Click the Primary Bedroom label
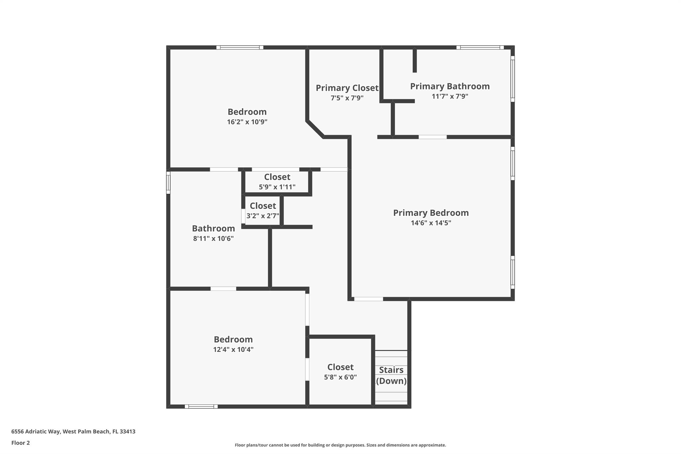(431, 213)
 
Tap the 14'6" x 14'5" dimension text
(431, 223)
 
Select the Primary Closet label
(347, 88)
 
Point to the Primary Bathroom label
(450, 86)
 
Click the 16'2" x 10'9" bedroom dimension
(247, 122)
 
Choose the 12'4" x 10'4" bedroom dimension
(233, 350)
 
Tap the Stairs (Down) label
(391, 375)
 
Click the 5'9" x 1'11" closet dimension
(277, 187)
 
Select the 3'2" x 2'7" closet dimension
(263, 216)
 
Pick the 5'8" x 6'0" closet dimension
(340, 377)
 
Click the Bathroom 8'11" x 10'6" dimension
(213, 238)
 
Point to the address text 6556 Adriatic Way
(36, 432)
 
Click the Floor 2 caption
(21, 443)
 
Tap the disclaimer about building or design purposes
(340, 445)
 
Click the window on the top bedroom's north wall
(240, 48)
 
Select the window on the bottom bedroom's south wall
(201, 406)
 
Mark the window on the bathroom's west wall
(168, 183)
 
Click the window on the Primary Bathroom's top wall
(480, 48)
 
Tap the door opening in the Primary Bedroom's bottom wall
(368, 299)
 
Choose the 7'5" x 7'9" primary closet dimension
(347, 98)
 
